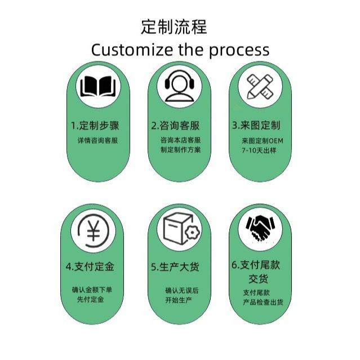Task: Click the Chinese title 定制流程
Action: point(174,26)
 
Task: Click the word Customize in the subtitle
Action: point(132,50)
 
